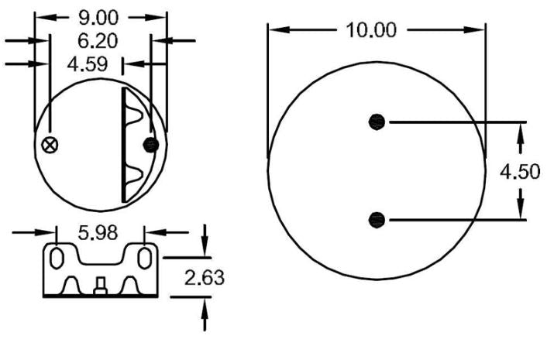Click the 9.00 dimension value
102,16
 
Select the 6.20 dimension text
102,39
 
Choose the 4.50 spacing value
518,171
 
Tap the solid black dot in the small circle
152,145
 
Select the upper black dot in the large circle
377,122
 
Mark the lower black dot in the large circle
377,220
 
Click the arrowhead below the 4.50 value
521,210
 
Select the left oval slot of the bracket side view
57,255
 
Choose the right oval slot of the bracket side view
145,255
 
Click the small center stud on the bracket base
101,286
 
